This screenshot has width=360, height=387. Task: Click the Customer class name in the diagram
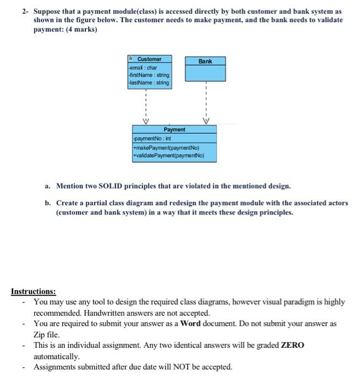[x=149, y=59]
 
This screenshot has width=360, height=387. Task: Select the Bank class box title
[x=205, y=61]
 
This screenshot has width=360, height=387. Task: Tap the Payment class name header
[x=174, y=129]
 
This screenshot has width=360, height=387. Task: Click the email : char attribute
[x=144, y=67]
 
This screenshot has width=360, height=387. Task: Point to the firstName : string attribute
[x=149, y=75]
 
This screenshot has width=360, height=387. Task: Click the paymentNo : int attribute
[x=152, y=140]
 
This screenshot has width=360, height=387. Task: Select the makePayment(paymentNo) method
[x=164, y=148]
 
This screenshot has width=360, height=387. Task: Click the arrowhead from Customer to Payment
[x=146, y=122]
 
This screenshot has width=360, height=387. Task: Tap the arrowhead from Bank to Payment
[x=205, y=122]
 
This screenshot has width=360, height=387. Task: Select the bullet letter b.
[x=48, y=203]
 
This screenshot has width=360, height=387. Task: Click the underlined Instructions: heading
[x=33, y=291]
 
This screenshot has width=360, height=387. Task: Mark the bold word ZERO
[x=293, y=345]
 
